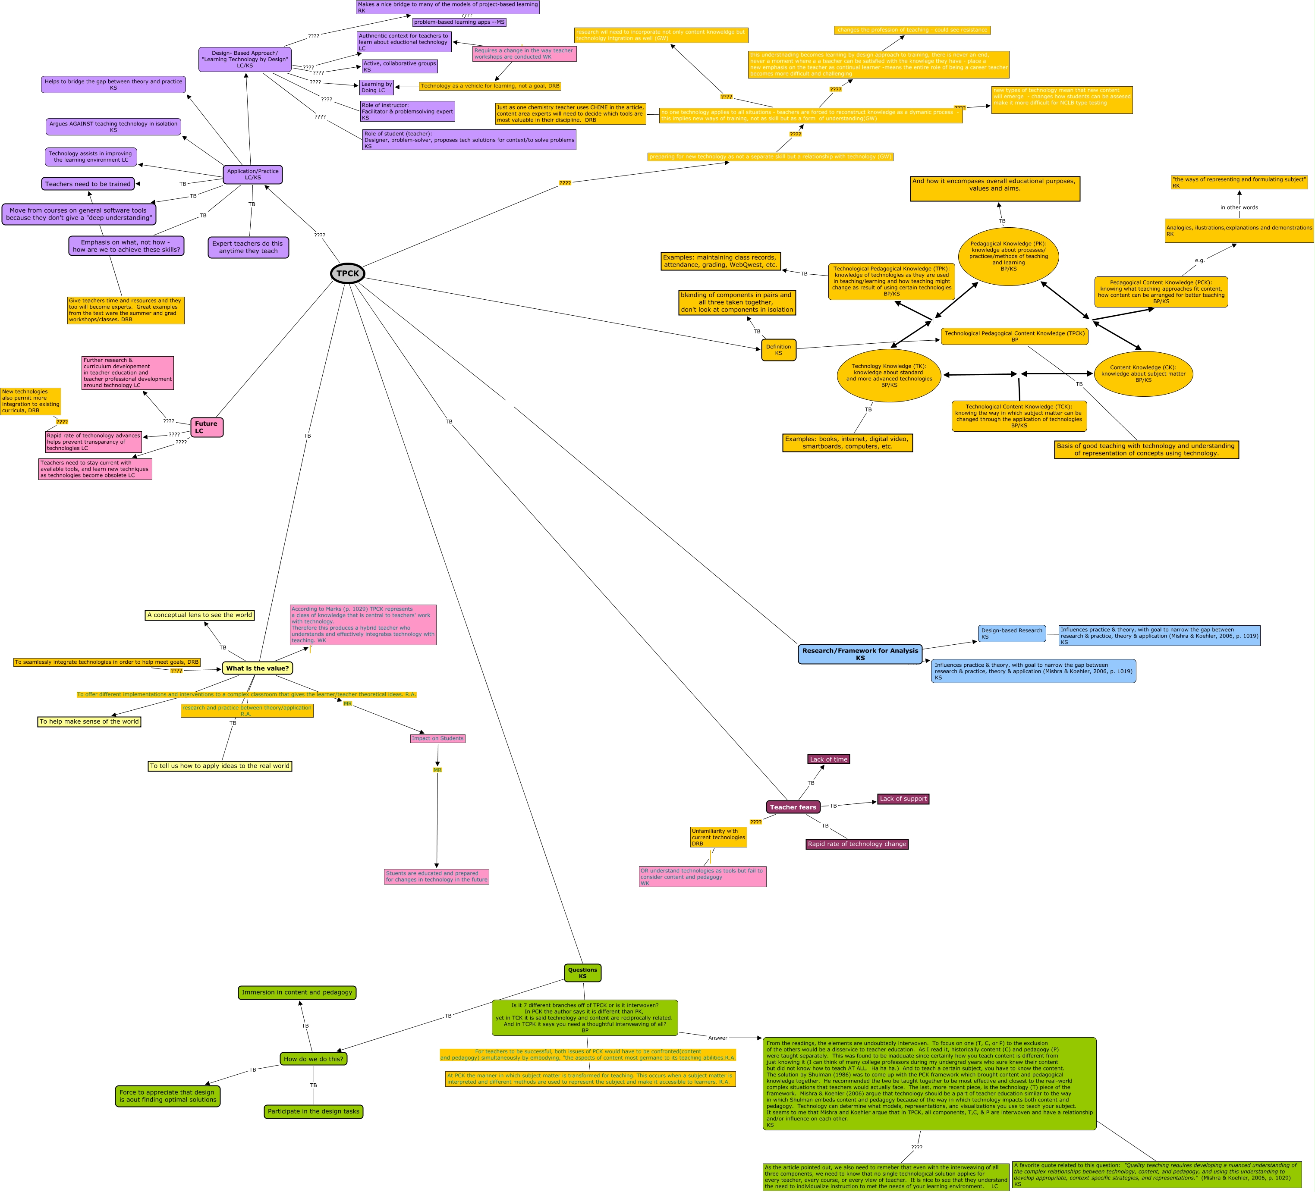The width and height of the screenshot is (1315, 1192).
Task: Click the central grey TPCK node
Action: pos(347,273)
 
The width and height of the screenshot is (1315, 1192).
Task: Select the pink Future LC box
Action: pos(207,427)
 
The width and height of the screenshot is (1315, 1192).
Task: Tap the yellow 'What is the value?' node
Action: pos(257,668)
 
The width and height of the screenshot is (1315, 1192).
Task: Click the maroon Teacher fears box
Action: pos(793,806)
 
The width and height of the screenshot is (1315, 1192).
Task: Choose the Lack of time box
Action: pos(828,759)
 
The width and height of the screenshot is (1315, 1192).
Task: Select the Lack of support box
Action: pos(903,799)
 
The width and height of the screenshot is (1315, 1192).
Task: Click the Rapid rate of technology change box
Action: pos(856,844)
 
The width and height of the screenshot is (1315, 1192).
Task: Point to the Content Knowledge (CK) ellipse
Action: pos(1143,373)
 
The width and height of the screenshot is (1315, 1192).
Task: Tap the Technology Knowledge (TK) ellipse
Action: pos(888,376)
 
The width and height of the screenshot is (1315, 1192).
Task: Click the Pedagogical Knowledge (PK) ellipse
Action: pos(1008,256)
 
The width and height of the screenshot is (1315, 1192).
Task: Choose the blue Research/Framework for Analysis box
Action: pos(860,654)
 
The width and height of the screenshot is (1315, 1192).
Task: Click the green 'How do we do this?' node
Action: pos(313,1058)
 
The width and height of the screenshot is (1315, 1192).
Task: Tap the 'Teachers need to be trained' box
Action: pos(88,184)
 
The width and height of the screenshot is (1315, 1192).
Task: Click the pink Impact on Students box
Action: pos(437,738)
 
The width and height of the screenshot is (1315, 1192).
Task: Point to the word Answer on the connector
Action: pos(717,1038)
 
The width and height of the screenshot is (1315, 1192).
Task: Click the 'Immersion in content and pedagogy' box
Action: pos(297,992)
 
